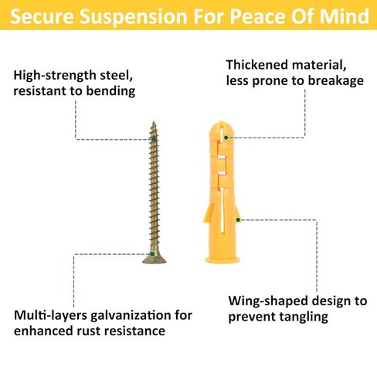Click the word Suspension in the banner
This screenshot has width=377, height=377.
(x=134, y=17)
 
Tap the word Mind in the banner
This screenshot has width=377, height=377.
(x=345, y=16)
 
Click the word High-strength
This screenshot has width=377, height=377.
(x=55, y=76)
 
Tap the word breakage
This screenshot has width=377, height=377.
(x=336, y=81)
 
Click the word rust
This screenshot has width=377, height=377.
(x=93, y=331)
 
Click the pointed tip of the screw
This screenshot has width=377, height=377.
(x=154, y=122)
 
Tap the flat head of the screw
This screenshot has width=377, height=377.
(x=155, y=259)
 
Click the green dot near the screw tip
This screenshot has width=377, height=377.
(x=154, y=139)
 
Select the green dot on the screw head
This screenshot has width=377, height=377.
(x=152, y=254)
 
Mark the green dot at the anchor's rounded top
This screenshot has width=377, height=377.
(x=226, y=138)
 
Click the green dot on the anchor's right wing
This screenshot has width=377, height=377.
(x=238, y=219)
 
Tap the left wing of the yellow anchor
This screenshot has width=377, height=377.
(x=209, y=212)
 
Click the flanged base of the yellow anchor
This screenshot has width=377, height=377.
(x=222, y=260)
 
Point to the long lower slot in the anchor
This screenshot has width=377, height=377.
(x=222, y=211)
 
